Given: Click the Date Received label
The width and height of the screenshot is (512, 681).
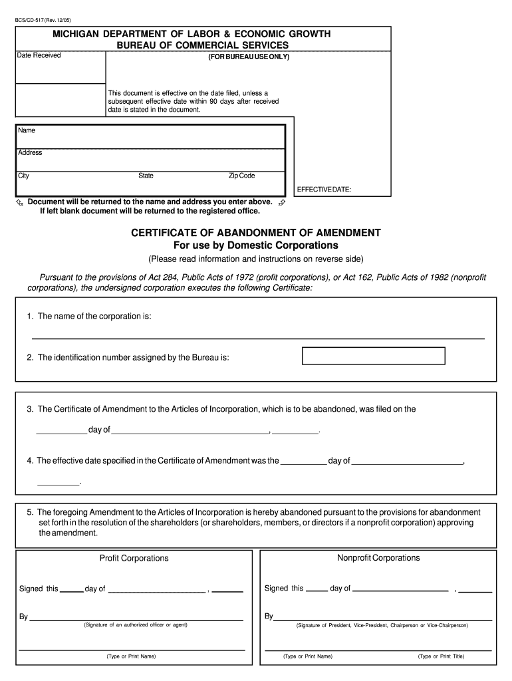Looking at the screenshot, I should [x=39, y=55].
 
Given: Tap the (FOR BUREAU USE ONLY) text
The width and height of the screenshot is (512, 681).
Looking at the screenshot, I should [x=249, y=57].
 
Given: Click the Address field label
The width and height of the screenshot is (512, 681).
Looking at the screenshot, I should [x=30, y=153].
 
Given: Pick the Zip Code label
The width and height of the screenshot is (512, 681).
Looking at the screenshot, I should [x=241, y=176].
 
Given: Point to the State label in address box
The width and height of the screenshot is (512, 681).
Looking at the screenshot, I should [x=146, y=176].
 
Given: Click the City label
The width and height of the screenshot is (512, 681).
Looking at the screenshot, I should [x=24, y=176].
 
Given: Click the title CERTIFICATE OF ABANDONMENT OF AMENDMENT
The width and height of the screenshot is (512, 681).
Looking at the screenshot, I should [x=256, y=233].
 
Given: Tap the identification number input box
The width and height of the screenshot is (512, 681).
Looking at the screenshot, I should [x=373, y=356].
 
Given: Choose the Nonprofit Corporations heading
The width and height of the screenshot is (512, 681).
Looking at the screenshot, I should [x=378, y=558].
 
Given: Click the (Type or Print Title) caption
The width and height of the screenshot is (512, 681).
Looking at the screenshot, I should [x=441, y=656].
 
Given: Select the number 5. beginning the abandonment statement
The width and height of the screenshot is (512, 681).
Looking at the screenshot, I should [x=30, y=512].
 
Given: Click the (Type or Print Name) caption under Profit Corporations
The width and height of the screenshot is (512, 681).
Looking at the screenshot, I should [x=131, y=656].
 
